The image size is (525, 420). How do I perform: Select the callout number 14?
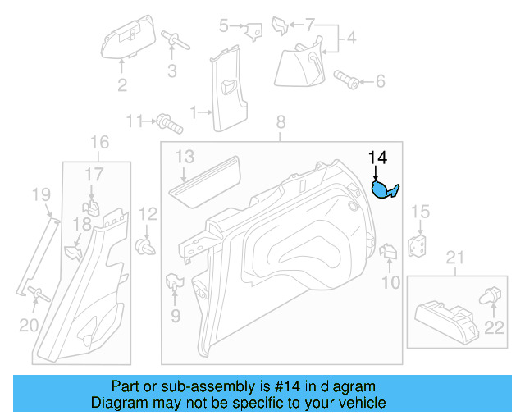[x=377, y=157]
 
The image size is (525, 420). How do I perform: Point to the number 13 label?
[x=184, y=156]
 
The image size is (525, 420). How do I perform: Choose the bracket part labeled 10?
[x=388, y=252]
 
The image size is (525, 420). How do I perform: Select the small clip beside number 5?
[x=253, y=30]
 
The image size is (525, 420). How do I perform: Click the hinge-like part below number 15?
[x=419, y=244]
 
